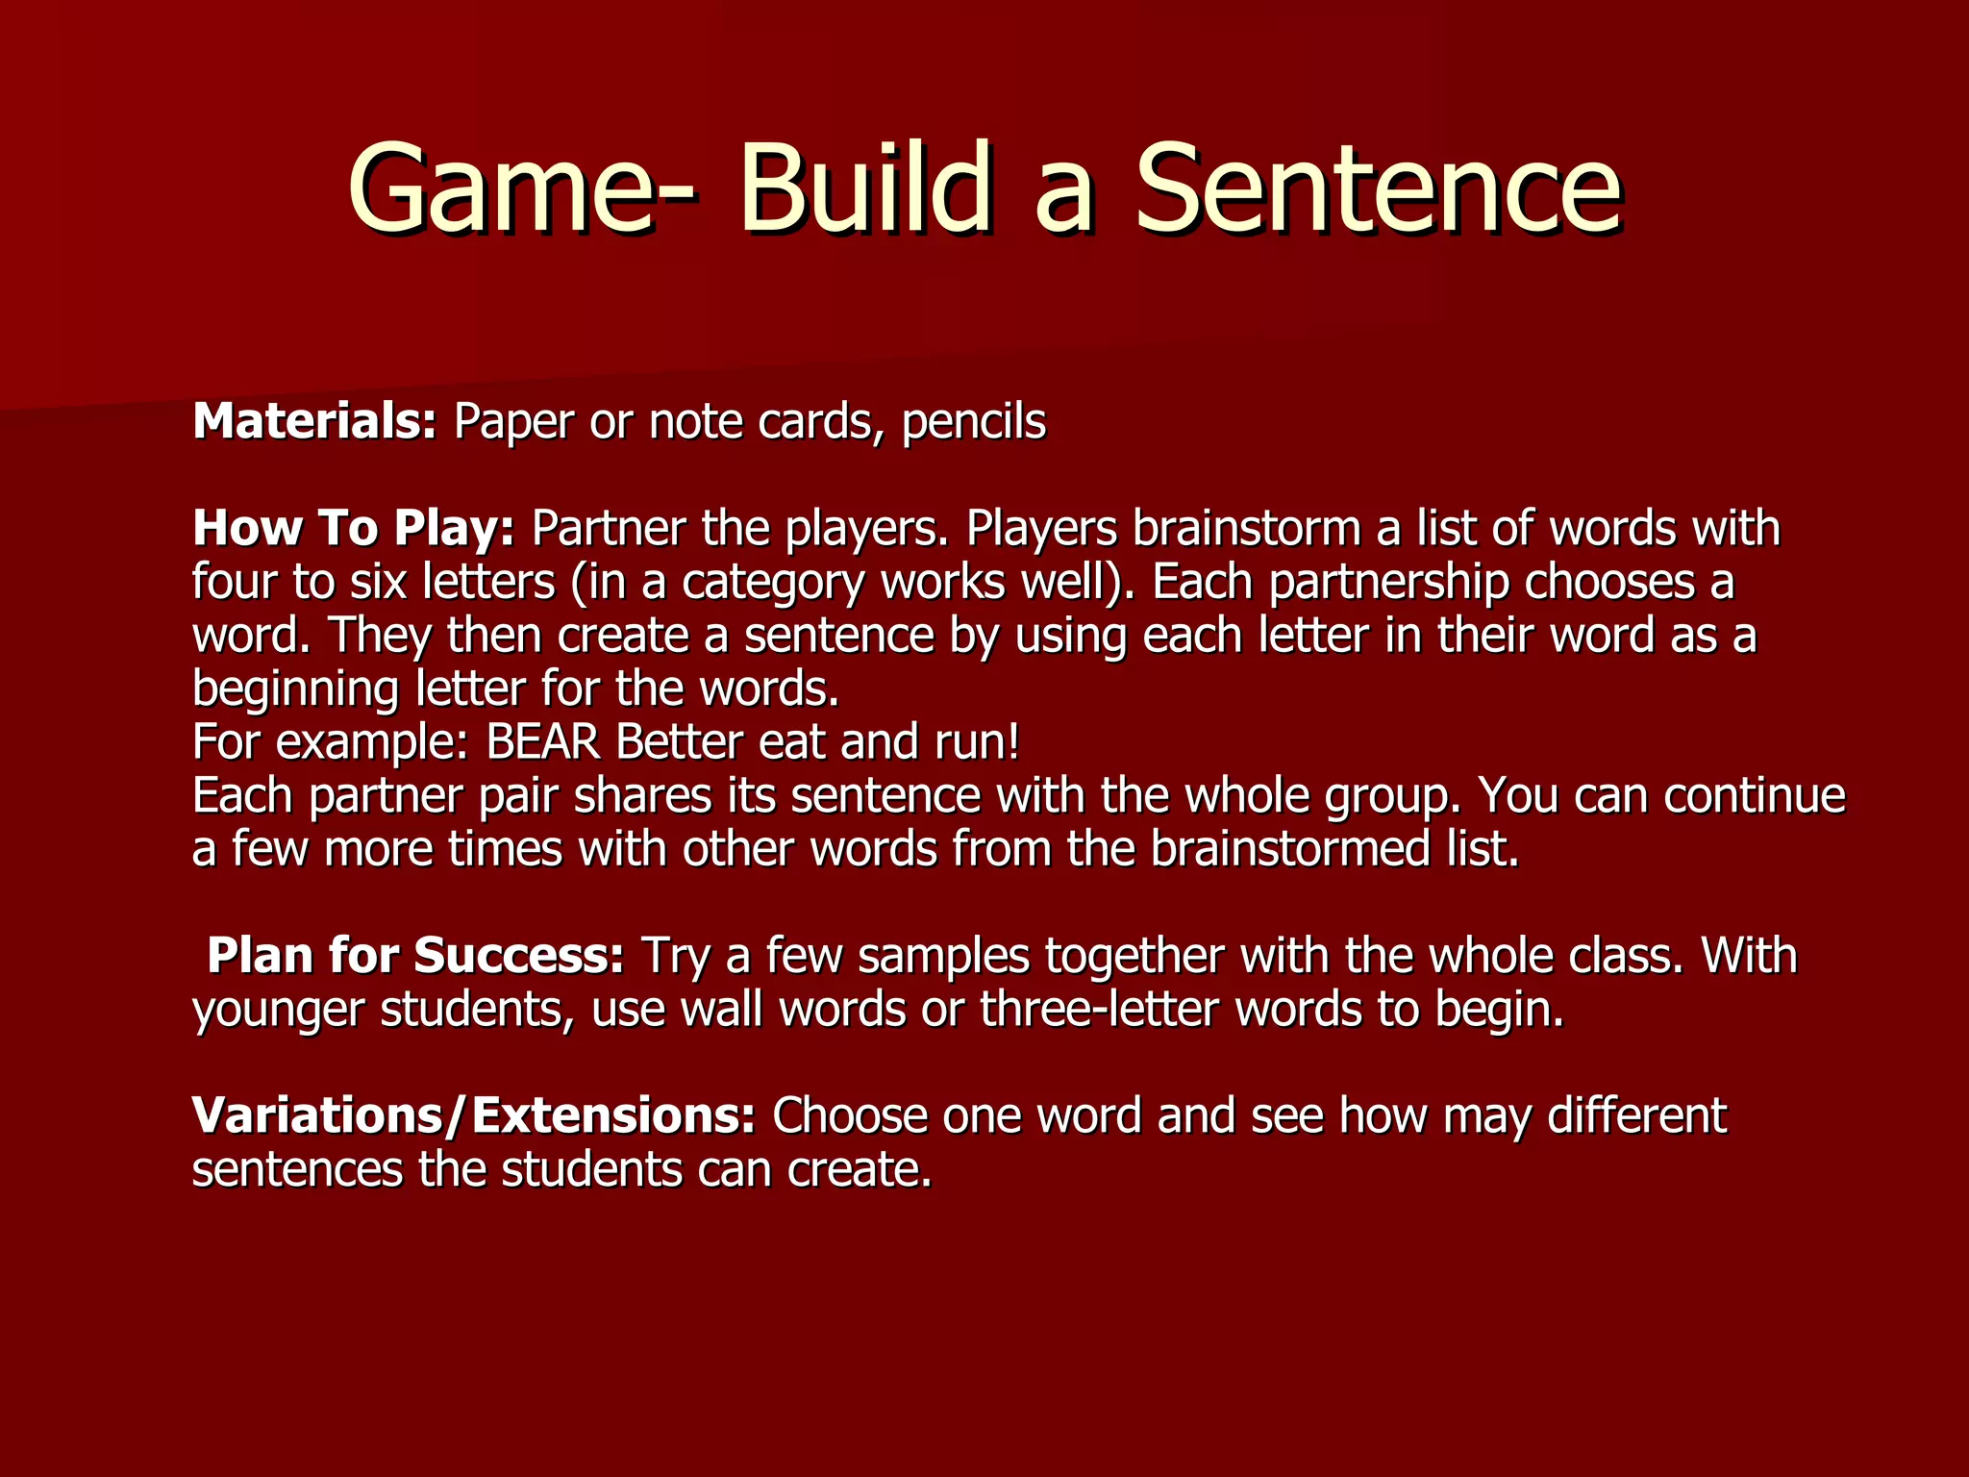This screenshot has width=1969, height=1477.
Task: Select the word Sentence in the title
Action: pos(1379,188)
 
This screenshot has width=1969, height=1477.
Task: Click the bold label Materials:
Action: pos(314,421)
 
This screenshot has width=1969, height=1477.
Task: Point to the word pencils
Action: pos(974,423)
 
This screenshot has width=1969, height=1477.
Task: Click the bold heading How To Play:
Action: pos(354,528)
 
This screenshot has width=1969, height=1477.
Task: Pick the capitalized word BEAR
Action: pos(543,742)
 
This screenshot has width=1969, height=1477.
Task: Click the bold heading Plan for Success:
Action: pos(415,956)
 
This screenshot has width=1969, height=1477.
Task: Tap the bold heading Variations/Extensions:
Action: pos(474,1115)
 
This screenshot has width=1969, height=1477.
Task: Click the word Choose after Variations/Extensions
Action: pos(849,1115)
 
